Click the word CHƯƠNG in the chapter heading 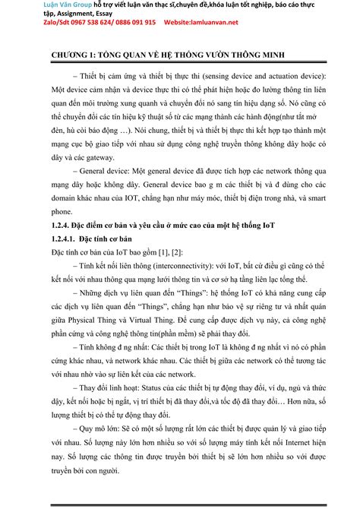coord(65,56)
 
